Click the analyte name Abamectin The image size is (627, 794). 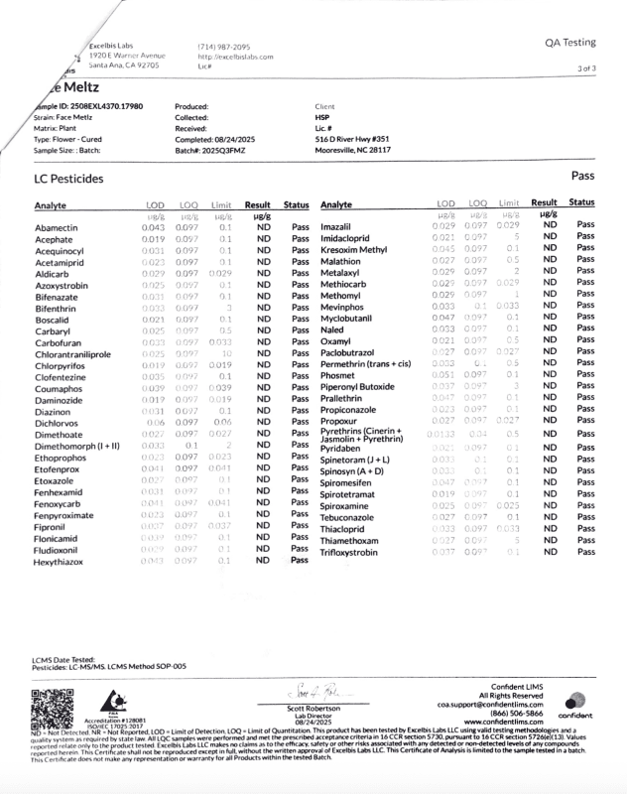[58, 227]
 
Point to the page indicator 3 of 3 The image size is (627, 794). [585, 68]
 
